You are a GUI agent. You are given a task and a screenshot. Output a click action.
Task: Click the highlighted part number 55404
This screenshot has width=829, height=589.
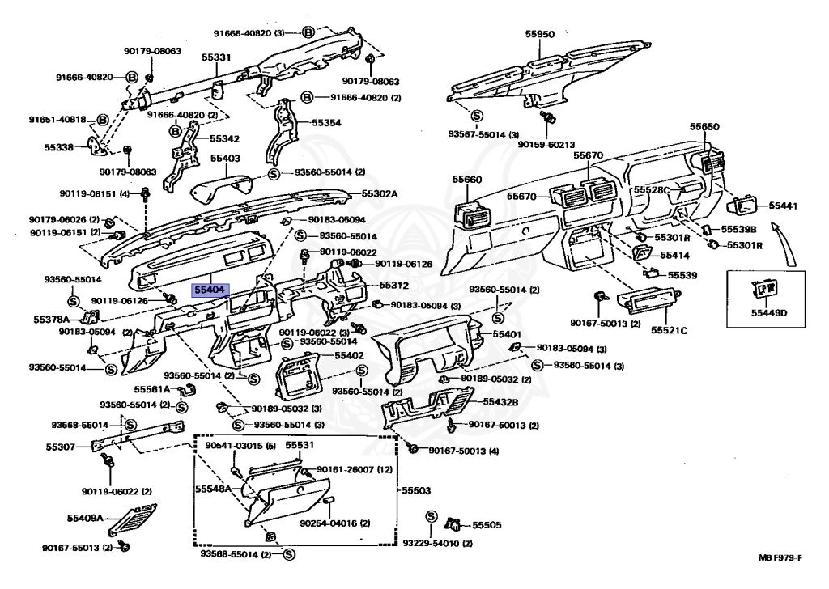(210, 288)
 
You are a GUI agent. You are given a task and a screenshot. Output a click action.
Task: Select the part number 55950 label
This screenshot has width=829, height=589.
(539, 35)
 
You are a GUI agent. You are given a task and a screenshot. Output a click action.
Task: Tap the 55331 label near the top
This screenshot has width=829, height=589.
(216, 57)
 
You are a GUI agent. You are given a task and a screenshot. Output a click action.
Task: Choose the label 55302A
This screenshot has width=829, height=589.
(380, 193)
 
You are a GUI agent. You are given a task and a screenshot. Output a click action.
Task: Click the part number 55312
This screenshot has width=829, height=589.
(395, 286)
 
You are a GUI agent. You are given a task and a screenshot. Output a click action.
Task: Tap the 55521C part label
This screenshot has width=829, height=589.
(671, 330)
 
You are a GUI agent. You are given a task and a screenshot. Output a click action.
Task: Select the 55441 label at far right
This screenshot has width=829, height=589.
(783, 206)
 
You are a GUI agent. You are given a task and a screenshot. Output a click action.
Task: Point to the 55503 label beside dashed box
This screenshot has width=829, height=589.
(416, 490)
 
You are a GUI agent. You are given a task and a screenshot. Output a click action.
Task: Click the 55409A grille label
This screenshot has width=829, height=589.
(84, 517)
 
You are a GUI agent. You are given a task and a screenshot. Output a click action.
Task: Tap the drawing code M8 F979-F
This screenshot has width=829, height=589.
(780, 559)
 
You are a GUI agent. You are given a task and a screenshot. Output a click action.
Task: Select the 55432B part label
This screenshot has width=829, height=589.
(500, 401)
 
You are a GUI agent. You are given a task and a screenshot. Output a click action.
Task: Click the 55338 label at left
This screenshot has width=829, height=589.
(59, 147)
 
